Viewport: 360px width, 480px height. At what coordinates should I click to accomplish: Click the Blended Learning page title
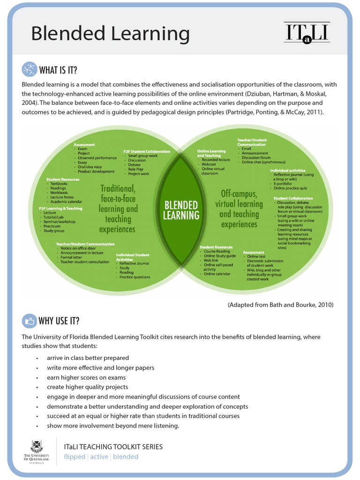tap(110, 34)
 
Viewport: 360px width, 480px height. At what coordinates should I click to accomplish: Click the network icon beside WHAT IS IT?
tap(29, 69)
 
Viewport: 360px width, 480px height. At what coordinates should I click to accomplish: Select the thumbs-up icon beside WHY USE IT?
tap(29, 321)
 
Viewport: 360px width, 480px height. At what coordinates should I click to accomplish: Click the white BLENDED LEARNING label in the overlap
tap(181, 210)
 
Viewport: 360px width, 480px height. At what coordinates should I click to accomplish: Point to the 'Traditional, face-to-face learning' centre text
tap(118, 209)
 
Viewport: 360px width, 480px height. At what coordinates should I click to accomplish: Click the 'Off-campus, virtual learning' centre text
tap(239, 209)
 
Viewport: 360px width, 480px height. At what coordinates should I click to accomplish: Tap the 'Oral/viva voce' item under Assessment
tap(90, 167)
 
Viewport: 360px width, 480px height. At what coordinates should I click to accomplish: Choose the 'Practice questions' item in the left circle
tap(135, 277)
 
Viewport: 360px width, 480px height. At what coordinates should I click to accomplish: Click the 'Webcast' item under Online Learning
tap(209, 165)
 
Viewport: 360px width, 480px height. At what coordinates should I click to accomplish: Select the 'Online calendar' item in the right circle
tap(217, 274)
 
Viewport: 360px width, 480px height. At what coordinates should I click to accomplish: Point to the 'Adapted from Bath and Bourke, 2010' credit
tap(280, 305)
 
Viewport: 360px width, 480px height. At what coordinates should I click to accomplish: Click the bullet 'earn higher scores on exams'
tap(86, 377)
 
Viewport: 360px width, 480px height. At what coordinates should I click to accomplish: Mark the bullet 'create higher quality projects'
tap(87, 387)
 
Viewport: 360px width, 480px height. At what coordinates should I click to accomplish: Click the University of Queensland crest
tap(37, 446)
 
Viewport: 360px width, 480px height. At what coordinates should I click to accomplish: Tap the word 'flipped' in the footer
tap(75, 457)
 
